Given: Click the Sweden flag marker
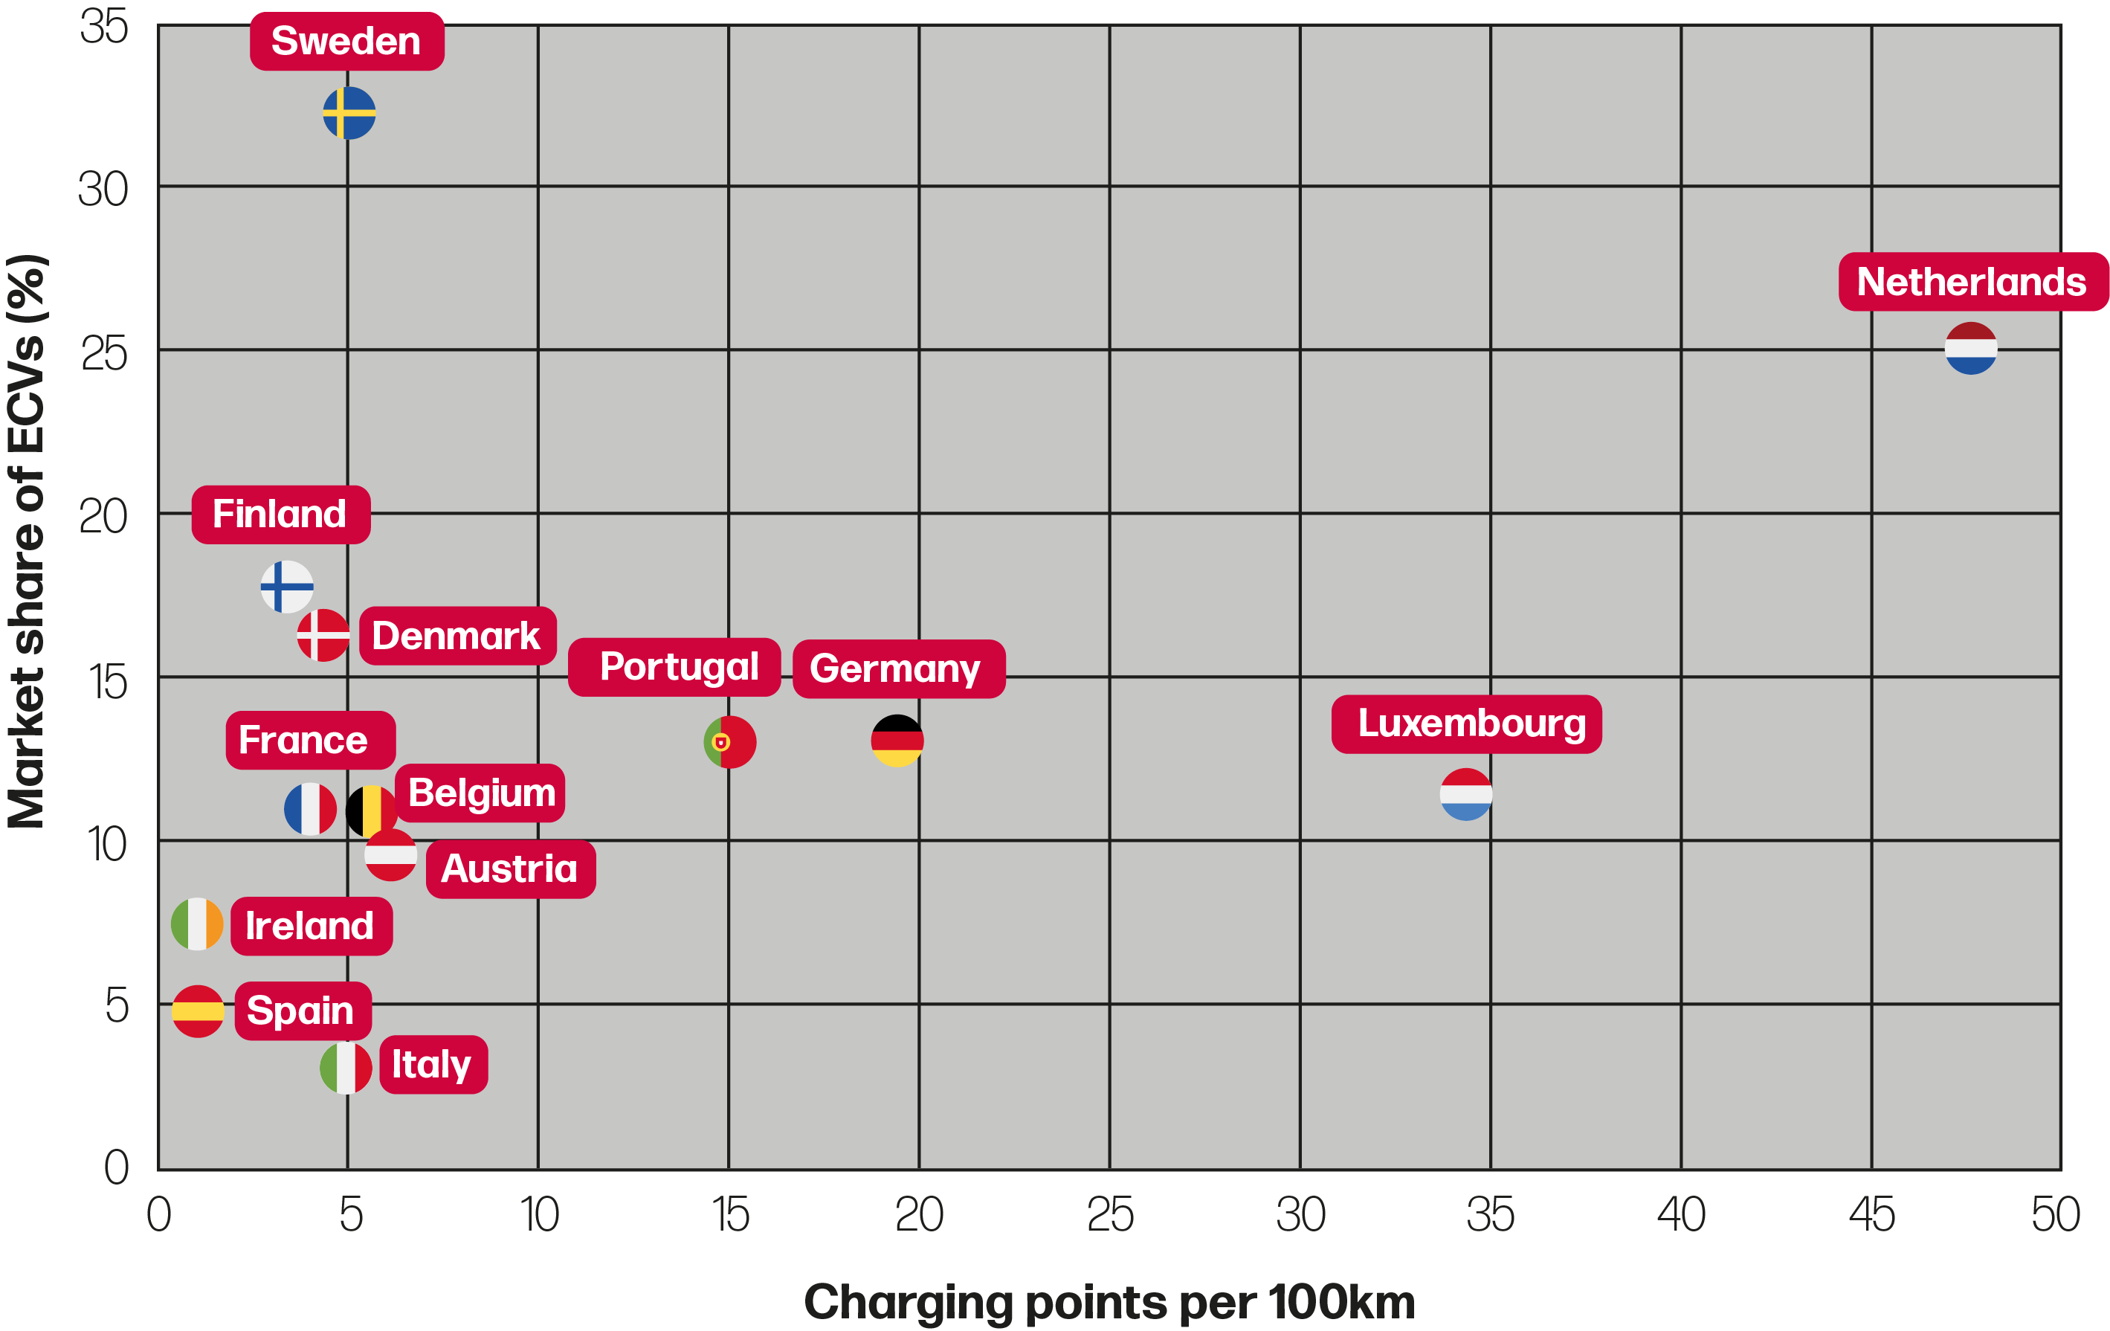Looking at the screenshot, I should [349, 113].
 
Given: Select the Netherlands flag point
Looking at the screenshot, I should [1971, 349].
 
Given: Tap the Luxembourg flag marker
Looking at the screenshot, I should [1466, 795].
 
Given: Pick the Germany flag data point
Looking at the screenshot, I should [897, 741].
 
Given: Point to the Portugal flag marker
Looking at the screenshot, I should [730, 742].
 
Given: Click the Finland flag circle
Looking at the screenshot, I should [286, 586].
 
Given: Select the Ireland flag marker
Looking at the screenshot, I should [197, 924].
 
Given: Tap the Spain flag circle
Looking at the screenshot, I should [198, 1011].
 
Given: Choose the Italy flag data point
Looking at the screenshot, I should [346, 1068].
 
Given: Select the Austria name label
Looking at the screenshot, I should [510, 869].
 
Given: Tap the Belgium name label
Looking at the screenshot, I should [481, 793].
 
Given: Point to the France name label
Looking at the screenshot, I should [309, 741].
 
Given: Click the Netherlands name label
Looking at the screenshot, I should [1972, 282].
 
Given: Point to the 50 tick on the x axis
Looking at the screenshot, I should [2056, 1215].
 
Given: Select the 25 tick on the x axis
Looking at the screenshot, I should [1110, 1215].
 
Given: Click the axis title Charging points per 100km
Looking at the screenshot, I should [1109, 1302].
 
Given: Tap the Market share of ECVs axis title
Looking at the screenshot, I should [26, 541].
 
